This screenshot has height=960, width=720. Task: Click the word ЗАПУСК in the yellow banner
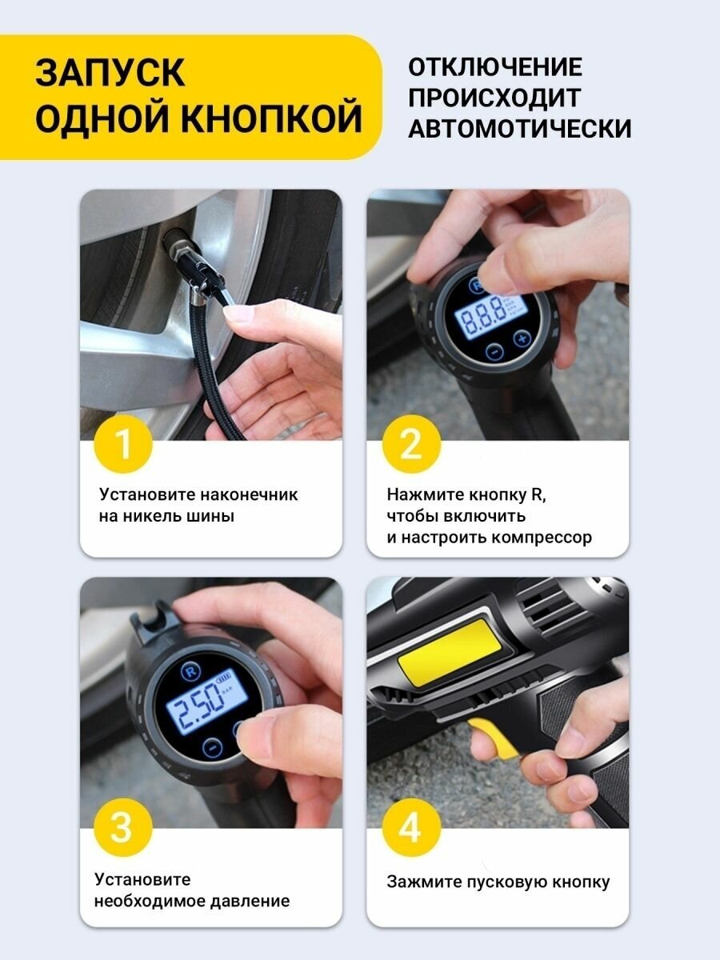(110, 72)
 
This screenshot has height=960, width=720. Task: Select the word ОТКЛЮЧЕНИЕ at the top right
(495, 67)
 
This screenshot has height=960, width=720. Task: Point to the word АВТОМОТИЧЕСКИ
(520, 128)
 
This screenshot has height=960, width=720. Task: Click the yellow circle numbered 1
(123, 444)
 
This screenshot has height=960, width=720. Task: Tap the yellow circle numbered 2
(411, 444)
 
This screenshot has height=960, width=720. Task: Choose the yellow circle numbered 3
(123, 827)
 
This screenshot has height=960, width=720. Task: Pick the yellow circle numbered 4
(411, 827)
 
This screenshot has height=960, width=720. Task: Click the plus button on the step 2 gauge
(522, 338)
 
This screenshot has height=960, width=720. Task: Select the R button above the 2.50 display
(191, 671)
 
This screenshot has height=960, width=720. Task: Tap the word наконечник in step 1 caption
(249, 494)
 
